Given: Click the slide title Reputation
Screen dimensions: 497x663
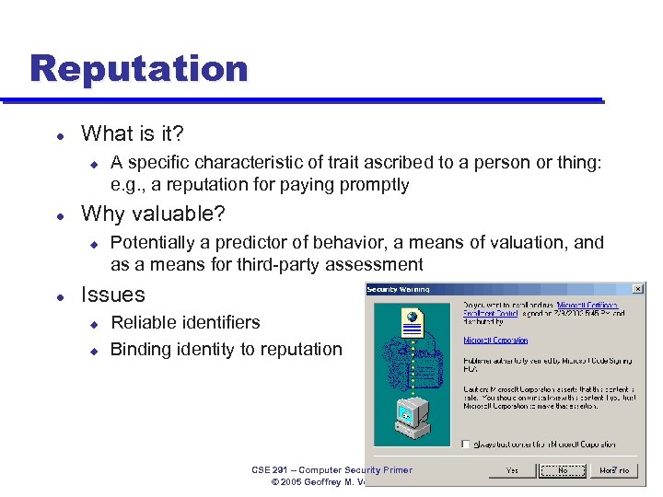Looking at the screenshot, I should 138,69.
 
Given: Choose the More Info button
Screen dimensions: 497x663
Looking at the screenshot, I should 614,470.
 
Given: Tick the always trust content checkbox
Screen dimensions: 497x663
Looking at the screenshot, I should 468,444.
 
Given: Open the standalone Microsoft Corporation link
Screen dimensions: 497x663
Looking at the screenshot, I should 495,340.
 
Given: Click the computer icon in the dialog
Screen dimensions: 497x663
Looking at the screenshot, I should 411,420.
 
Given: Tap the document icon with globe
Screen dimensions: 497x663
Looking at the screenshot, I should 411,321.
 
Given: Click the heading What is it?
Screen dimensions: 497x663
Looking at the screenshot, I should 133,133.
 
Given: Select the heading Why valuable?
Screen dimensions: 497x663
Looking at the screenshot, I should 153,214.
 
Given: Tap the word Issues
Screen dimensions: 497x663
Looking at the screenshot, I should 113,295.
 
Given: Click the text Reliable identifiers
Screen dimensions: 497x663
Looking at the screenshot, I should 185,322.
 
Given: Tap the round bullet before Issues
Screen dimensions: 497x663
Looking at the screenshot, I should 60,296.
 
